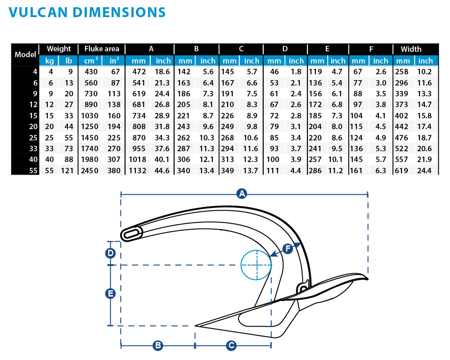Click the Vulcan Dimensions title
87,12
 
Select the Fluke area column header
102,49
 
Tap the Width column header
411,49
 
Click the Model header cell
25,54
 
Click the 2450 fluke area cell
88,171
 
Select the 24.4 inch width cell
424,171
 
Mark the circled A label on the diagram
242,194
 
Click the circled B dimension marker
157,346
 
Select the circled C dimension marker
231,346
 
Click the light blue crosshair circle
256,265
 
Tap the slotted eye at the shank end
132,234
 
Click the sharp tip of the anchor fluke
197,325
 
